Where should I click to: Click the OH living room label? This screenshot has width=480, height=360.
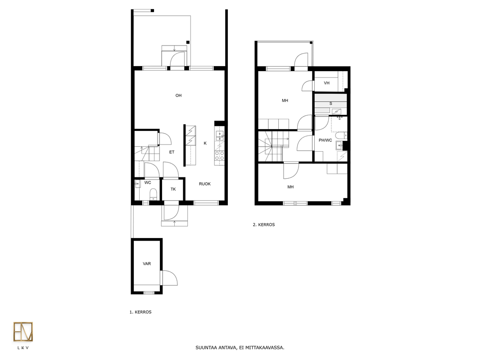click(x=178, y=95)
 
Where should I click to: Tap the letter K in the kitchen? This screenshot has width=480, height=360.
click(x=205, y=143)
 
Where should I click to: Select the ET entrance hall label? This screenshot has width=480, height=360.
click(x=172, y=152)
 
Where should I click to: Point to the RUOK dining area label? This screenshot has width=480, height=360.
click(x=205, y=184)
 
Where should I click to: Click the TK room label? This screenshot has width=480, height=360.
click(x=173, y=189)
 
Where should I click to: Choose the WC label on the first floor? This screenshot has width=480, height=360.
click(x=148, y=183)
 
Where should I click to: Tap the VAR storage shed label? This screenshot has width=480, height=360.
click(x=147, y=264)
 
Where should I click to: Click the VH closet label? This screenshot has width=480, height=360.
click(x=326, y=83)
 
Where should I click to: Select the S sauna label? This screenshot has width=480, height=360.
click(x=331, y=103)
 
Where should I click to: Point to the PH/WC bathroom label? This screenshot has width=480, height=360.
click(x=325, y=140)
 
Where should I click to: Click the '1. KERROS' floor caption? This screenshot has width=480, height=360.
click(x=140, y=312)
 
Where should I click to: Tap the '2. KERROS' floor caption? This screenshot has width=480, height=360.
click(x=264, y=225)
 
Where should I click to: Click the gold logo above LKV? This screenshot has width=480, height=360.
click(x=23, y=332)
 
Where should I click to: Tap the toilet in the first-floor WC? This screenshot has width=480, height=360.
click(x=153, y=194)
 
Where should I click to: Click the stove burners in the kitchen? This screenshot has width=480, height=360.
click(x=219, y=156)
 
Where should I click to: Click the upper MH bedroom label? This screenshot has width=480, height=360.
click(x=285, y=101)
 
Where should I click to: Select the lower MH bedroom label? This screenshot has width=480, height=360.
click(x=290, y=187)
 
